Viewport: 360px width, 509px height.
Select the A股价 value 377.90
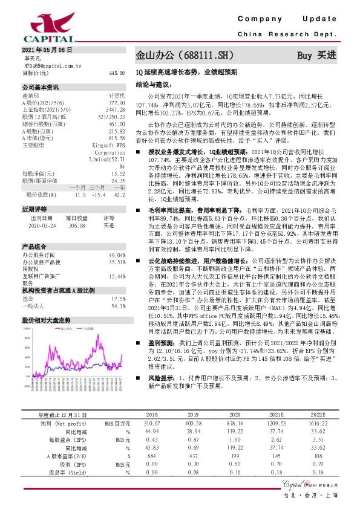click(116, 103)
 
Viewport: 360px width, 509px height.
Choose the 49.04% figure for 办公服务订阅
click(116, 256)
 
